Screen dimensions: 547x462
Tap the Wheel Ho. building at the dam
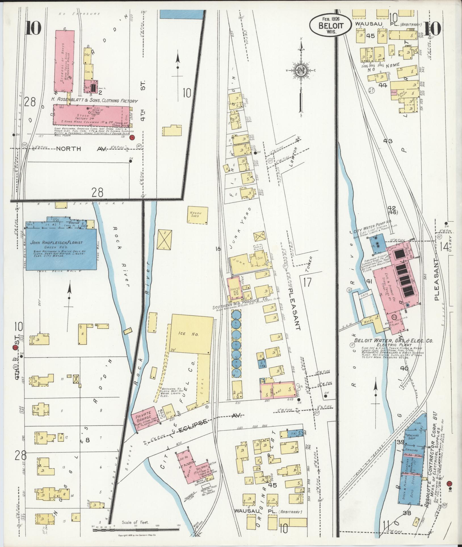pyautogui.click(x=369, y=322)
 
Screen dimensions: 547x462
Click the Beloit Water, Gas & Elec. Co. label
pyautogui.click(x=393, y=341)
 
